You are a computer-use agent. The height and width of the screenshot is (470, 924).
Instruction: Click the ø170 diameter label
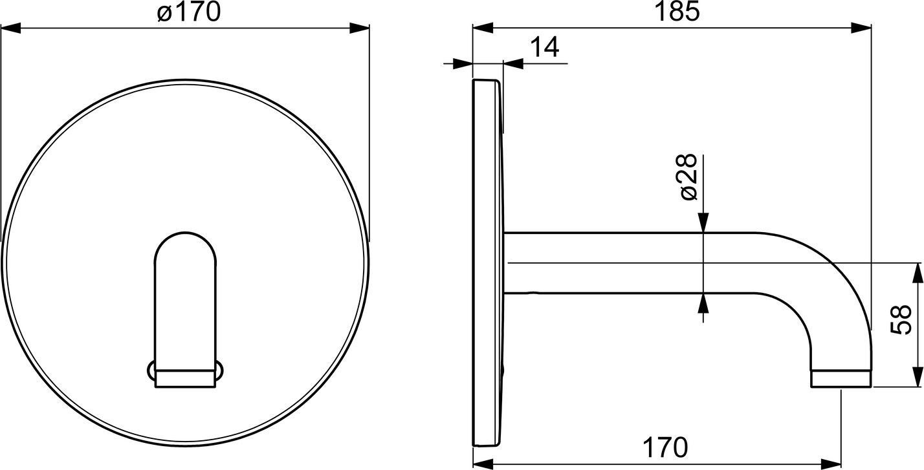tap(189, 12)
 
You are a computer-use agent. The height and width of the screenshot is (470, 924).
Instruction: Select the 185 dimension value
tap(677, 12)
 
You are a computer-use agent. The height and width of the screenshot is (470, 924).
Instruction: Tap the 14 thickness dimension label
tap(544, 47)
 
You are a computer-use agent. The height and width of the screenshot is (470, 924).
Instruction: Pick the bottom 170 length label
tap(665, 448)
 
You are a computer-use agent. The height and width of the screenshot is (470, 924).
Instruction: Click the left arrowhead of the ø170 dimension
tap(11, 28)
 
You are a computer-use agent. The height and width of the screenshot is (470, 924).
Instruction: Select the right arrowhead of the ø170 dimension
tap(359, 28)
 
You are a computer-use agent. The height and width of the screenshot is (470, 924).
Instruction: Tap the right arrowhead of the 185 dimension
tap(861, 28)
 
